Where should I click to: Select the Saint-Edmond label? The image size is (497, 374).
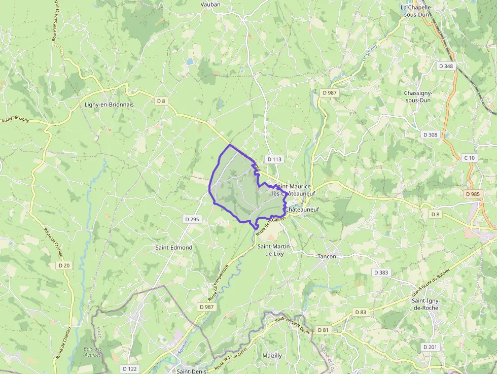[174, 247]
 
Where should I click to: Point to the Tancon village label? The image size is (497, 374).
[327, 256]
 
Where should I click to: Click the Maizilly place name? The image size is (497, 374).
[272, 356]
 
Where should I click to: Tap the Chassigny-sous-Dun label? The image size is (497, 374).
[417, 96]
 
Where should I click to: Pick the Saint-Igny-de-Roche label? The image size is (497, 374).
[425, 304]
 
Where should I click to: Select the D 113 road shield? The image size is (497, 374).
[273, 159]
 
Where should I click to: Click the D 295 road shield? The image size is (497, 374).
[192, 219]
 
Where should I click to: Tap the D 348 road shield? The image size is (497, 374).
[446, 66]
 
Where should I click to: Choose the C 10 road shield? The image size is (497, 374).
[470, 158]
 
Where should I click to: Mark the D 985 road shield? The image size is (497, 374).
[472, 194]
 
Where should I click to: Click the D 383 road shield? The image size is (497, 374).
[381, 273]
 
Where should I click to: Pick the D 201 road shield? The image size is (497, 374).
[430, 347]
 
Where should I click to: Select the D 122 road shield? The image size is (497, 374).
[129, 368]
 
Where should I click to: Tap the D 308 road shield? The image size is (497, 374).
[430, 134]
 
